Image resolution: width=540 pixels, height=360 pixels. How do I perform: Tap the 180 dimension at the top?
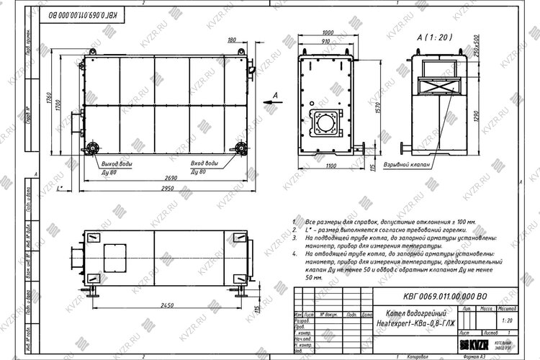(x=231, y=41)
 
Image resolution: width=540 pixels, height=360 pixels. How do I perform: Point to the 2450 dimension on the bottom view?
(x=166, y=305)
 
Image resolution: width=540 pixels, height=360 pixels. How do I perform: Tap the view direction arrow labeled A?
(x=270, y=102)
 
